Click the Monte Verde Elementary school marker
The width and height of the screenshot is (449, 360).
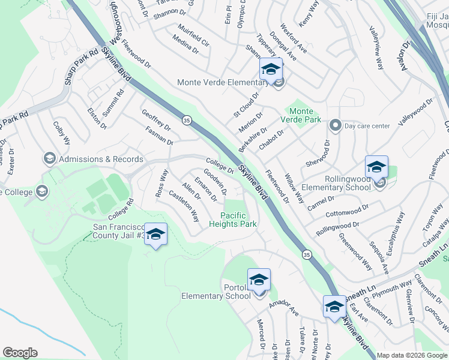pos(271,69)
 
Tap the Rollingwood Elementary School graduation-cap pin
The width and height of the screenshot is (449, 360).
pos(376,167)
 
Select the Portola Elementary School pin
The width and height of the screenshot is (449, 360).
pos(259,280)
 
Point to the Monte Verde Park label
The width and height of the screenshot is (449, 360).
pos(301,115)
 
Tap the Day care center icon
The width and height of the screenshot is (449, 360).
pos(335,125)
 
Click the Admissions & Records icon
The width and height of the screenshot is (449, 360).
pos(49,159)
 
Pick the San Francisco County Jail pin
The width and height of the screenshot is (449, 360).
pos(155,235)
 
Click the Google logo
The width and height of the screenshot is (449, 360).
pos(20,352)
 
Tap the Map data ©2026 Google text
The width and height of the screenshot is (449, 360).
pos(411,355)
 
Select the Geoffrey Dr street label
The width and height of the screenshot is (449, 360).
pos(156,121)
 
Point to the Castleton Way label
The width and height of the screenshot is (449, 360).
pos(184,206)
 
